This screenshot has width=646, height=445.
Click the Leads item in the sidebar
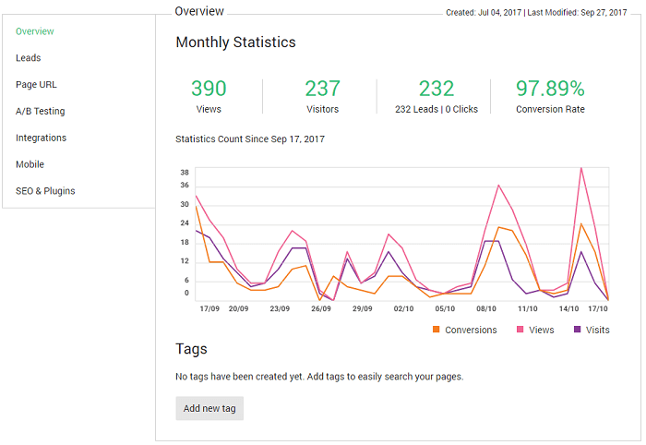(28, 57)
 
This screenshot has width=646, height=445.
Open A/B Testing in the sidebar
(41, 111)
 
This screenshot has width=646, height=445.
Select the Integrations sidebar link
(41, 138)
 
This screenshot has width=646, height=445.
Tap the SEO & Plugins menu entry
(45, 191)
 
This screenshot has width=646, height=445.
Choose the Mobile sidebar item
(30, 164)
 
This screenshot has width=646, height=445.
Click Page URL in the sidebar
(36, 84)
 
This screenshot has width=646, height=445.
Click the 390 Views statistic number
(209, 89)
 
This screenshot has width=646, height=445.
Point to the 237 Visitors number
(323, 89)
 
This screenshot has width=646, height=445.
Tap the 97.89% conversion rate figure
(550, 89)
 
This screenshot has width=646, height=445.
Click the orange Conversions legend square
(436, 330)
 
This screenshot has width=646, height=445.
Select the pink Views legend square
(520, 330)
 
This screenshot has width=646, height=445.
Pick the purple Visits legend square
(577, 330)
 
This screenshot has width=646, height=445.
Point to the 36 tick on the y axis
(185, 186)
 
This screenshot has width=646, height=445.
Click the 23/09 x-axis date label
(280, 308)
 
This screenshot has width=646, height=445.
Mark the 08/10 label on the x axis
(486, 308)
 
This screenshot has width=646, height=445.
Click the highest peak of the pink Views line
(580, 168)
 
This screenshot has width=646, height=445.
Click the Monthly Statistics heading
(235, 42)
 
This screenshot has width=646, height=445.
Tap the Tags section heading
(191, 349)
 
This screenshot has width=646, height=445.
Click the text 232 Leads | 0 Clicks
(437, 109)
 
